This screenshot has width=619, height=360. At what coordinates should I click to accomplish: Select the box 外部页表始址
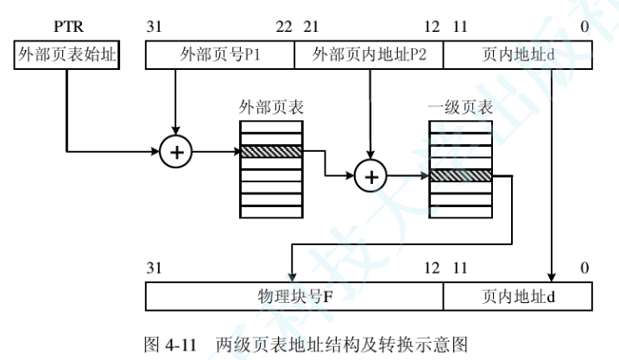click(67, 56)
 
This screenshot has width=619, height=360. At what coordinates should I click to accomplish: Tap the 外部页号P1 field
click(220, 56)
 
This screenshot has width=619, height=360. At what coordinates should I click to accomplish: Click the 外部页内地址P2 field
click(369, 56)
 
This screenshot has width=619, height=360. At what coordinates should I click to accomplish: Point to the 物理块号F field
click(294, 296)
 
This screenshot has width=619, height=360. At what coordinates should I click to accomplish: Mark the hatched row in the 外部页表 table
click(271, 151)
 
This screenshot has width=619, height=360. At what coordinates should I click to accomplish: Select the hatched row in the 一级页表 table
click(460, 176)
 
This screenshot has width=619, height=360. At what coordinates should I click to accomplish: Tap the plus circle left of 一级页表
click(371, 176)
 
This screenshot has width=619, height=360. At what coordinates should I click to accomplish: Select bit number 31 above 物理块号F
click(155, 268)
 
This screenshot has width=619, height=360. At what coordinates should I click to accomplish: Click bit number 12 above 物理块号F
click(433, 268)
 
